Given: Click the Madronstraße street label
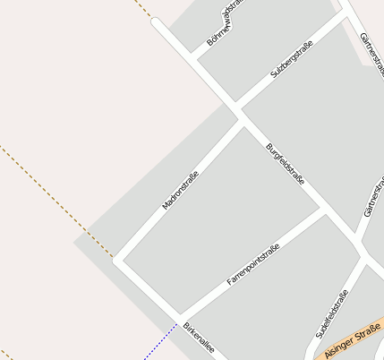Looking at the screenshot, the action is tap(180, 191).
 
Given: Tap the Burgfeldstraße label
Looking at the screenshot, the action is tap(286, 164).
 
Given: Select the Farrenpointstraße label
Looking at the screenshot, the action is tap(253, 264).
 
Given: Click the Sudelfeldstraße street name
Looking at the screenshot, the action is tap(331, 314).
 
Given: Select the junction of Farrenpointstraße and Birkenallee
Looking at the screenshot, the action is tap(183, 318).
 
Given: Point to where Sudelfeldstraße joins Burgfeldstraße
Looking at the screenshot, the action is tap(363, 258).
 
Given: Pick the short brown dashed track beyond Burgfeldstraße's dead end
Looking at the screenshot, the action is tap(143, 8).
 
